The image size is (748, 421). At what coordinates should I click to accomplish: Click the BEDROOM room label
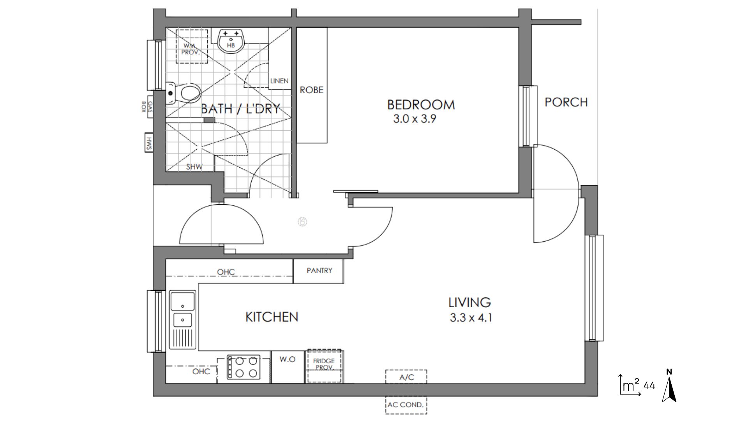[421, 104]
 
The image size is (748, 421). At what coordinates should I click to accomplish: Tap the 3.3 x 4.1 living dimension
[471, 318]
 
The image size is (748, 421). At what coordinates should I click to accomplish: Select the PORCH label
[566, 102]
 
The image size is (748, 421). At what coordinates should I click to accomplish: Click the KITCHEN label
[272, 317]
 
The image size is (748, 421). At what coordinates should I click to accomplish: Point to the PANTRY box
[319, 271]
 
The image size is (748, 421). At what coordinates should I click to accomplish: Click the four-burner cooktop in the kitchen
[243, 367]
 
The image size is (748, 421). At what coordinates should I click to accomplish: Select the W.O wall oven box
[288, 367]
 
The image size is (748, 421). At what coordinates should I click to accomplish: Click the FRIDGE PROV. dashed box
[324, 366]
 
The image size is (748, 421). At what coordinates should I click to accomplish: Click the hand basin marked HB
[231, 41]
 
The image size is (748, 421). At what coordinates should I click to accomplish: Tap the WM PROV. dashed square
[192, 46]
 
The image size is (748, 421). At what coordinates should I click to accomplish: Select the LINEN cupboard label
[279, 81]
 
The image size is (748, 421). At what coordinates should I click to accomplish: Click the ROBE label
[311, 90]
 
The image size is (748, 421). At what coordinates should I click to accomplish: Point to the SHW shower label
[194, 167]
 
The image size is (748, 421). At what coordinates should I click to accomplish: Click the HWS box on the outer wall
[148, 143]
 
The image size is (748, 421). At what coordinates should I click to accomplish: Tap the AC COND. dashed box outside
[406, 405]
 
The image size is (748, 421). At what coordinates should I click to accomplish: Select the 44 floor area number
[649, 386]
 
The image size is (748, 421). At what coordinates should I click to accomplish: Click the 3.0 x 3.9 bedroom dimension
[415, 119]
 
